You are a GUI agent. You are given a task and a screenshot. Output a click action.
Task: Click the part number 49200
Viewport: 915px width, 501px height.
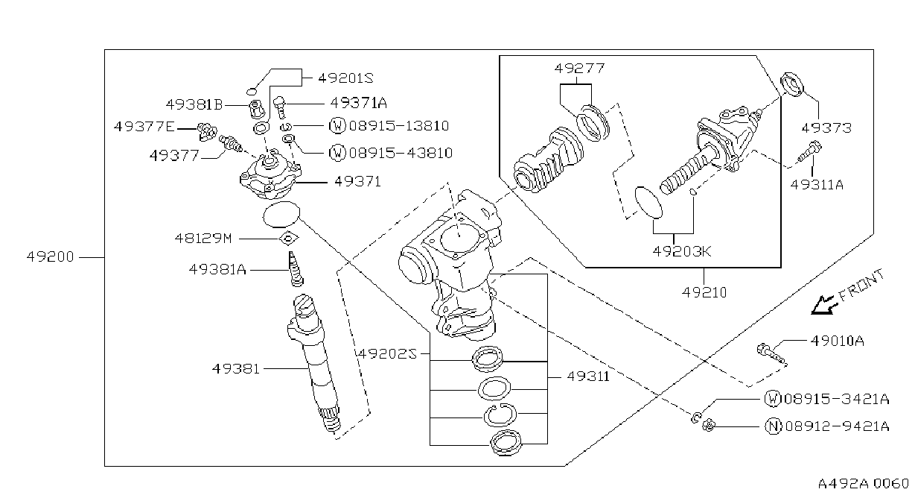point(50,257)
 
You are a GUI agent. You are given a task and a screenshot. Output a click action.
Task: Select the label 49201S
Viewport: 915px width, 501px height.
point(345,78)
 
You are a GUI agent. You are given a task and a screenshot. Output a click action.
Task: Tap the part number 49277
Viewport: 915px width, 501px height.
point(579,68)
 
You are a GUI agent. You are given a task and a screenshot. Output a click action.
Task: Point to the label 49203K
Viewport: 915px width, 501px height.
point(682,251)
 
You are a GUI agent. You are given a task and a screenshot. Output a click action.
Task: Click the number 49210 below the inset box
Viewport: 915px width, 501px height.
point(704,292)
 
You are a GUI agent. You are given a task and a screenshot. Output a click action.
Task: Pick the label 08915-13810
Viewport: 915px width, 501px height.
point(399,125)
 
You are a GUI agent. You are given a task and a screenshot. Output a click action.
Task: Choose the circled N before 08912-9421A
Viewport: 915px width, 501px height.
point(773,426)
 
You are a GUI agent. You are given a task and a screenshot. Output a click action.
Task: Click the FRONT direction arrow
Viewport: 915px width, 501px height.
point(823,305)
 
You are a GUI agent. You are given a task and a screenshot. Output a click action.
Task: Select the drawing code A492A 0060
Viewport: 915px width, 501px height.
point(864,484)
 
